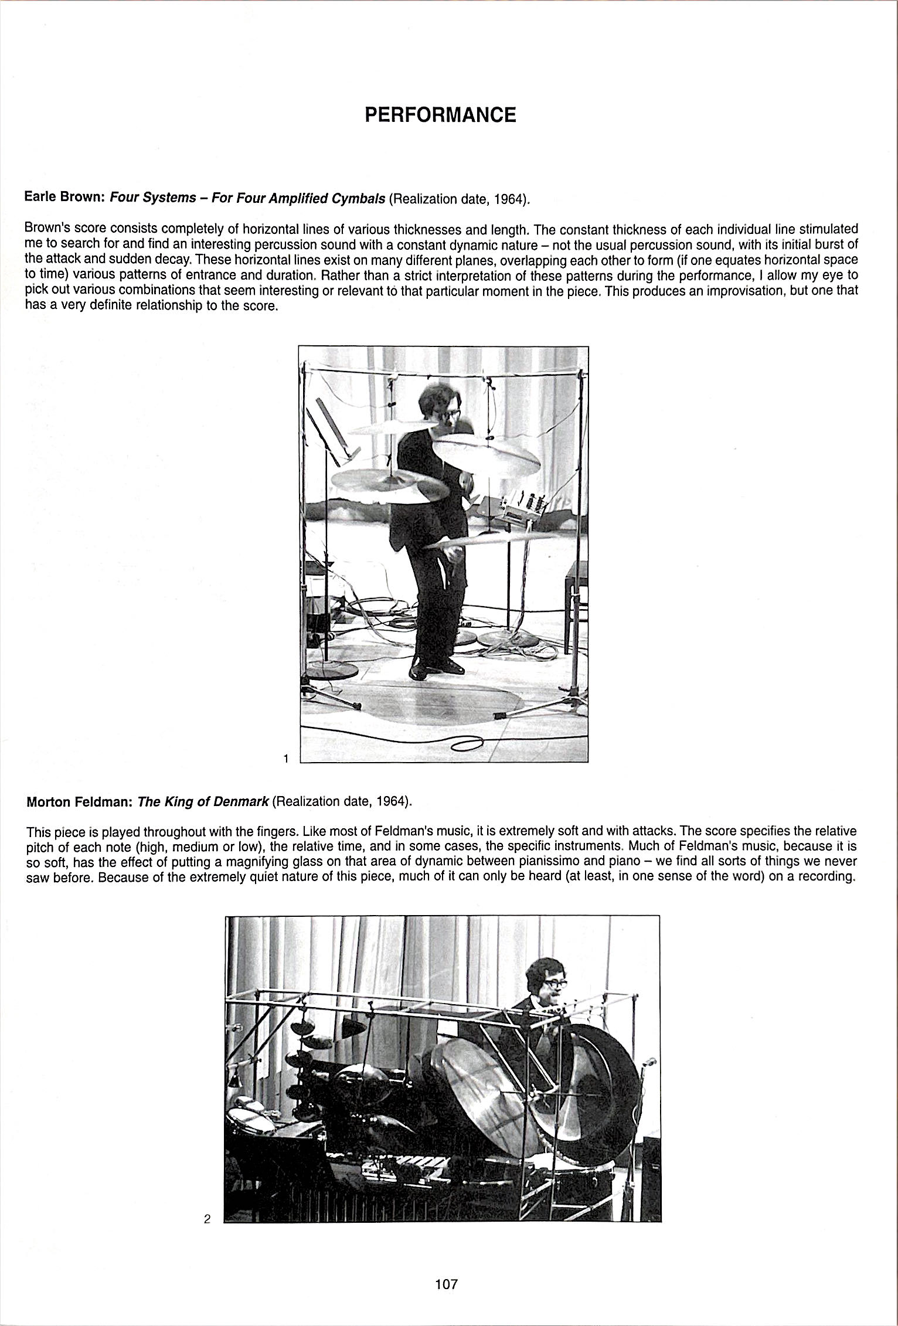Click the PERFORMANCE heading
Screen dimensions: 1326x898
click(440, 115)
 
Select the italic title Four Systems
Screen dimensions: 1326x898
click(154, 198)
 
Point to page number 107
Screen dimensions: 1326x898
click(446, 1284)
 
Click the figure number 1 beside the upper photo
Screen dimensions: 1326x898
click(285, 759)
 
